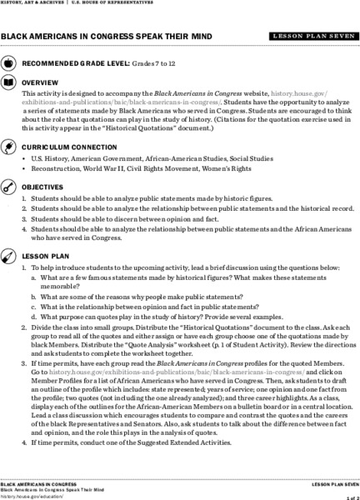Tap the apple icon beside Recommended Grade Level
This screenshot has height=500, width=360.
point(8,63)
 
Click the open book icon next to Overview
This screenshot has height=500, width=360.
point(8,83)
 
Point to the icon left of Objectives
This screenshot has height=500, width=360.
point(8,187)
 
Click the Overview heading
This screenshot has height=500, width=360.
point(40,83)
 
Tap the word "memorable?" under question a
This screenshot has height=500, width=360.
point(58,283)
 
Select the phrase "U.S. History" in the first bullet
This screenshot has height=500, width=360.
point(52,157)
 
